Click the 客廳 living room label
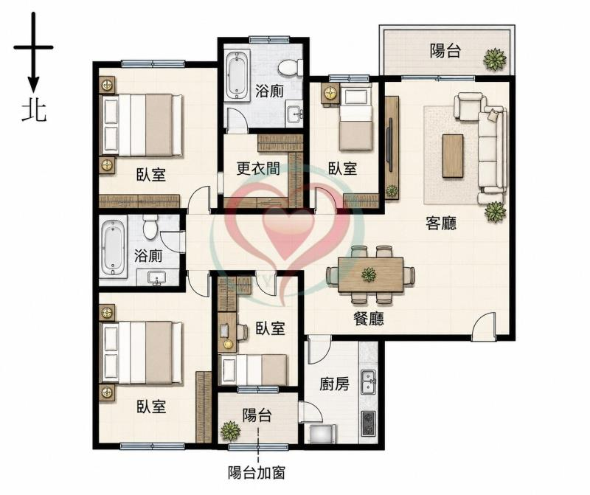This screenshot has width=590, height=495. [441, 224]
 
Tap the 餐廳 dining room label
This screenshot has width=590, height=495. [369, 319]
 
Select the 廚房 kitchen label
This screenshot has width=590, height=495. [334, 384]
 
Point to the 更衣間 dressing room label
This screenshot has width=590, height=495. [258, 169]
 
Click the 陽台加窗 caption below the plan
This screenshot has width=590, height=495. [257, 473]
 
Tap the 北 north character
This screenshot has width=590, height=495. [34, 111]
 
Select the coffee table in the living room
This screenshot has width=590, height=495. [453, 156]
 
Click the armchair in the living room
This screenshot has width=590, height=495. [468, 105]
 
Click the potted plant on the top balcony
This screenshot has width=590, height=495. [495, 60]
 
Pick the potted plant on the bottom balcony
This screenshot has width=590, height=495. [230, 431]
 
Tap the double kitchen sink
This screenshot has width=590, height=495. [369, 382]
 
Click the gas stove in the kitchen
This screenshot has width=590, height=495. [369, 423]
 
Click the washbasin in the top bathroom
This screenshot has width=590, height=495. [294, 112]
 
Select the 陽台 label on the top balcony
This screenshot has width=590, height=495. [445, 50]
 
